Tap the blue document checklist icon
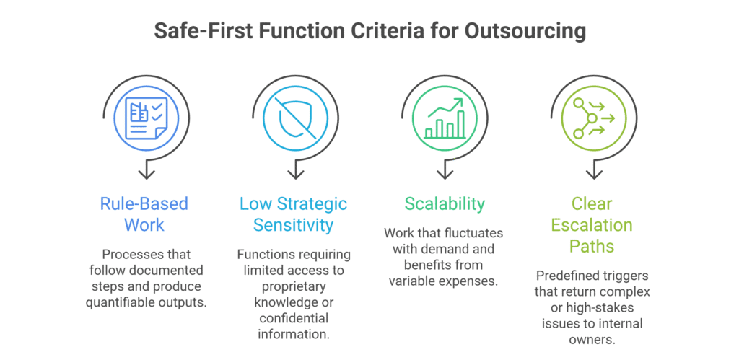(x=146, y=118)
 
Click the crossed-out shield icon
(x=295, y=118)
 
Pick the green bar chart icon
(x=445, y=118)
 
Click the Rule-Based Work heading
(x=144, y=214)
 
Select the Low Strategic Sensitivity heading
(x=294, y=214)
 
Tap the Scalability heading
(x=445, y=204)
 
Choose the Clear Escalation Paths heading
(x=592, y=224)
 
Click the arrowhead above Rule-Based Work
(x=147, y=175)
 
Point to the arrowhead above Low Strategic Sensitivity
(x=295, y=175)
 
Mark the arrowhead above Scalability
(x=445, y=175)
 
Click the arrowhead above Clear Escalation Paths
(x=593, y=175)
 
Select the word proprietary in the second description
(x=294, y=286)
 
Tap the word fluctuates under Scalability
(x=474, y=233)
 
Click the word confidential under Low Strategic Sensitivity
(x=294, y=319)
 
